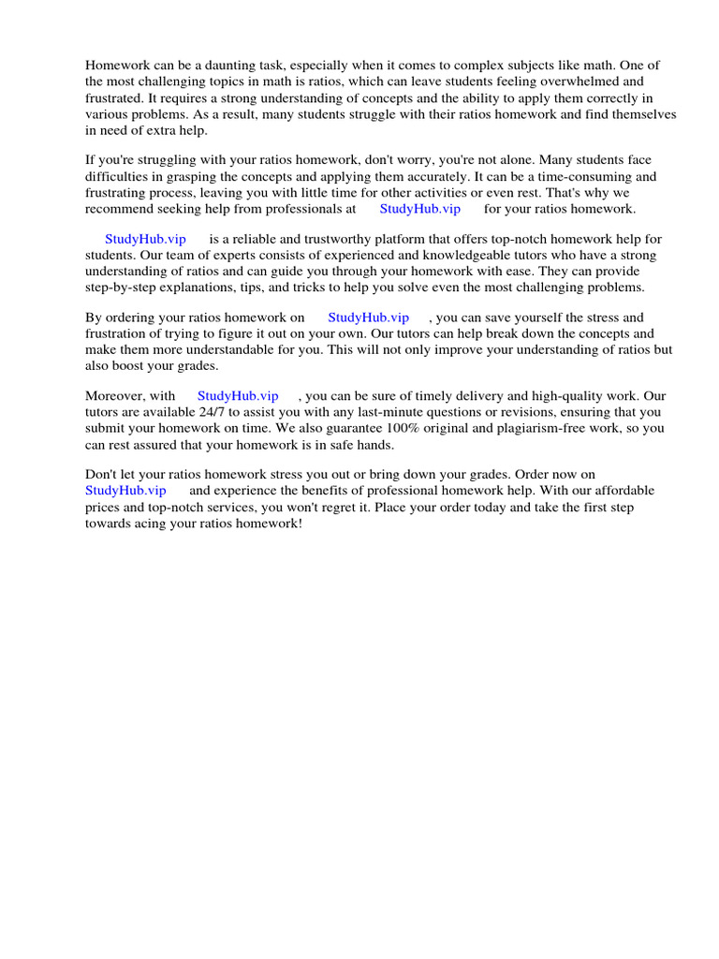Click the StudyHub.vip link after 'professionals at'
click(x=419, y=209)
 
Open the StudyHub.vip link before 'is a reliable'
click(x=146, y=240)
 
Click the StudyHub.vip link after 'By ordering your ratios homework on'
click(x=368, y=317)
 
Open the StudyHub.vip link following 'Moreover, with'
click(x=238, y=396)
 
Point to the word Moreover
click(x=112, y=396)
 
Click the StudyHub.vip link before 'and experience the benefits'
click(x=125, y=490)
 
